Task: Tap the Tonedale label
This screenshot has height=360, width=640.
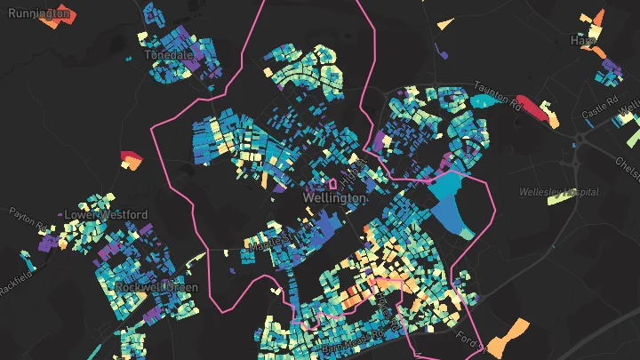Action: coord(170,54)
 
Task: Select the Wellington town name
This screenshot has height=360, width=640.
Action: coord(334,199)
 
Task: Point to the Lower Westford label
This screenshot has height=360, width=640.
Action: coord(106,215)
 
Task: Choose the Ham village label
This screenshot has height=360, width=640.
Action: coord(583,41)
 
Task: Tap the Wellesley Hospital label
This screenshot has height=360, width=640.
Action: coord(559,192)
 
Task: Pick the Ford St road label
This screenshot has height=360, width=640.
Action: coord(468,338)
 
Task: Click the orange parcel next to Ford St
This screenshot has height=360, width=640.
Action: coord(506,337)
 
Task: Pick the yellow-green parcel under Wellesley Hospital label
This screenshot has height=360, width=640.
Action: coord(560,198)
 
